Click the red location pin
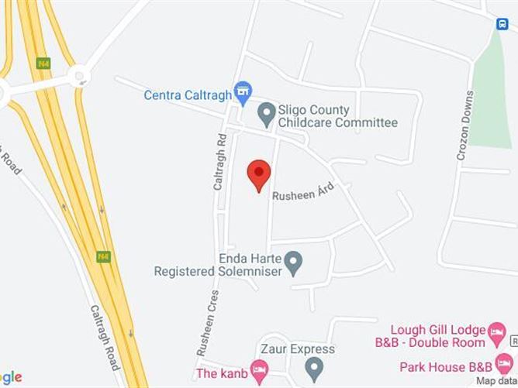(x=259, y=174)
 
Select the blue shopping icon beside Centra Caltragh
(x=243, y=91)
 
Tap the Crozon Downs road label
(x=464, y=126)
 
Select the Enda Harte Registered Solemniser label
(x=216, y=263)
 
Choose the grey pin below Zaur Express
(x=313, y=366)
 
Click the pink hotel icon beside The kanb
(x=259, y=373)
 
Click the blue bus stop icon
(x=502, y=24)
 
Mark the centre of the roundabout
(x=78, y=76)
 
